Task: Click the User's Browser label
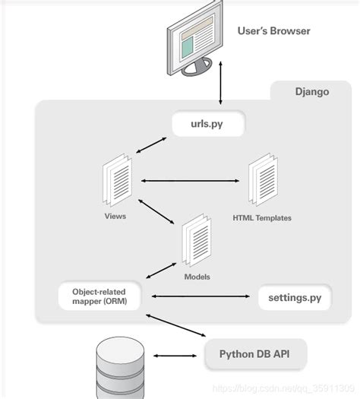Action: [274, 31]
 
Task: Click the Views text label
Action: [115, 216]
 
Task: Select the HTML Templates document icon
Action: [262, 180]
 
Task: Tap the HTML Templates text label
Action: [262, 218]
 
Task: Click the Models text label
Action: [197, 277]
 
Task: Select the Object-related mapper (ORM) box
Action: [99, 296]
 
